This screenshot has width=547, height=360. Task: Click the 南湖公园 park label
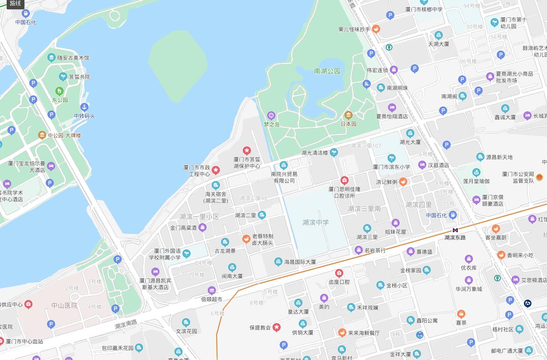tap(327, 71)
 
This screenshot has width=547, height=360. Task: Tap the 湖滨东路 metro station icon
tap(455, 230)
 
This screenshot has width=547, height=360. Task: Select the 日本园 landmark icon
tap(349, 115)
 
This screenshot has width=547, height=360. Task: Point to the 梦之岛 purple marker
tap(271, 116)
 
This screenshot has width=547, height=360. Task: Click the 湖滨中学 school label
tap(316, 222)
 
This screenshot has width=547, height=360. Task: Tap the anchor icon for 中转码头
tap(84, 107)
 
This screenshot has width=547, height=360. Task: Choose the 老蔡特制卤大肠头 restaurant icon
tap(246, 239)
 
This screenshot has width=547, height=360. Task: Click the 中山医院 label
tap(64, 305)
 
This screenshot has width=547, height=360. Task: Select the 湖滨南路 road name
tap(126, 324)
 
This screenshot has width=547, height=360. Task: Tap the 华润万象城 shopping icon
tap(468, 281)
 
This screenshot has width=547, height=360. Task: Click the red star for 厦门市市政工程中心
tap(216, 170)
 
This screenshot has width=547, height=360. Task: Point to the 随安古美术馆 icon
tap(52, 58)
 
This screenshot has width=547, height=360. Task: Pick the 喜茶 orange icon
tap(461, 314)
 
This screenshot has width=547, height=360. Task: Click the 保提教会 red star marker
tap(277, 328)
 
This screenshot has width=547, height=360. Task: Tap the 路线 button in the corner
tap(15, 4)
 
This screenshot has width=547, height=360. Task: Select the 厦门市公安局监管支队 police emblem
tap(539, 177)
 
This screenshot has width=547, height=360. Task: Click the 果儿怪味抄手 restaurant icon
tap(376, 29)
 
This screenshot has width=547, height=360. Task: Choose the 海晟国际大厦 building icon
tap(278, 262)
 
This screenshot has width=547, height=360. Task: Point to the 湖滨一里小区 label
tap(199, 217)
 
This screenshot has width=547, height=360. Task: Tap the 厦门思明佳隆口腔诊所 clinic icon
tap(344, 181)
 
